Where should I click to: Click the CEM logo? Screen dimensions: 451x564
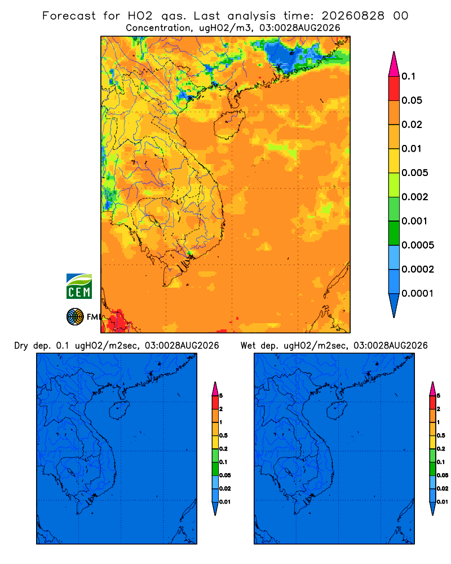tap(79, 286)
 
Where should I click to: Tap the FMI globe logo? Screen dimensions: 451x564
tap(75, 316)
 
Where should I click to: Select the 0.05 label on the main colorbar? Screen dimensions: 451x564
tap(412, 100)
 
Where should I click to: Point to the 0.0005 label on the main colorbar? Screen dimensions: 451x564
tap(418, 245)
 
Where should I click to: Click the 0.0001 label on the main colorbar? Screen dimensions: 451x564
tap(418, 293)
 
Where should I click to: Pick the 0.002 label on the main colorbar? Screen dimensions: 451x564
tap(415, 197)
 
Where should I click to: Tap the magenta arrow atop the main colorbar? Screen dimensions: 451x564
tap(394, 64)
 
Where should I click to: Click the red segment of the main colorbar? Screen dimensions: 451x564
tap(394, 88)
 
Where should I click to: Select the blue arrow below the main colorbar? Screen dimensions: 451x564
tap(394, 306)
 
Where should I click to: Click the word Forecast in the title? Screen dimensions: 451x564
tap(69, 16)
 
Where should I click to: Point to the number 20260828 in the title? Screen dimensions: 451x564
tap(353, 16)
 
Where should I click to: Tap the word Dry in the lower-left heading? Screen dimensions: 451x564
tap(21, 346)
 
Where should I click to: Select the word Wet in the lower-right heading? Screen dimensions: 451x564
tap(248, 346)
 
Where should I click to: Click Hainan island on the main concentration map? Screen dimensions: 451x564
tap(229, 124)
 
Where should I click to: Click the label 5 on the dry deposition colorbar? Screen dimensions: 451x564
tap(221, 396)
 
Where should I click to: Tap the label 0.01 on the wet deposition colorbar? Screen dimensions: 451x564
tap(443, 502)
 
